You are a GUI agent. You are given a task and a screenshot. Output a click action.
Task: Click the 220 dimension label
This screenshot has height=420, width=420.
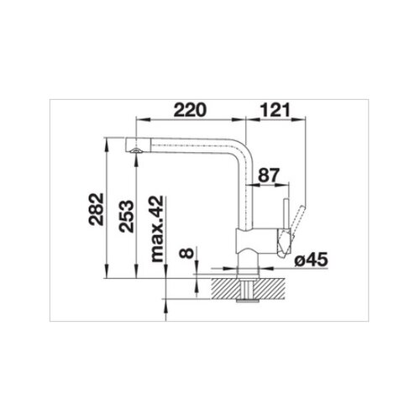tap(190, 110)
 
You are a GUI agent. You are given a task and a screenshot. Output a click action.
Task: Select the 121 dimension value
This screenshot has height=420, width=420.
tap(275, 110)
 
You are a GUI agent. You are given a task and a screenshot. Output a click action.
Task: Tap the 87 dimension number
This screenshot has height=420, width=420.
tap(269, 176)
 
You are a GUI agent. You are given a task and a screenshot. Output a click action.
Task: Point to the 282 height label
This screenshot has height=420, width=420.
tap(96, 209)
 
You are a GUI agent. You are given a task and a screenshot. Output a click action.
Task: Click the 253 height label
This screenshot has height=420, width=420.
tap(126, 216)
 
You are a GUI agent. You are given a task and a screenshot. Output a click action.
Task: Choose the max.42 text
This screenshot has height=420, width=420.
tap(157, 228)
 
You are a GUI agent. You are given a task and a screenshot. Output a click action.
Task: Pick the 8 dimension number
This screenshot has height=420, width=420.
tap(186, 253)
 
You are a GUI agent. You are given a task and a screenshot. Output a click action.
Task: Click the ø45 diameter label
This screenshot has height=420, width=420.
tap(311, 260)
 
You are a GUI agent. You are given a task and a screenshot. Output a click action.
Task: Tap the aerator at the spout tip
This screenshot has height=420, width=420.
tap(136, 150)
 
